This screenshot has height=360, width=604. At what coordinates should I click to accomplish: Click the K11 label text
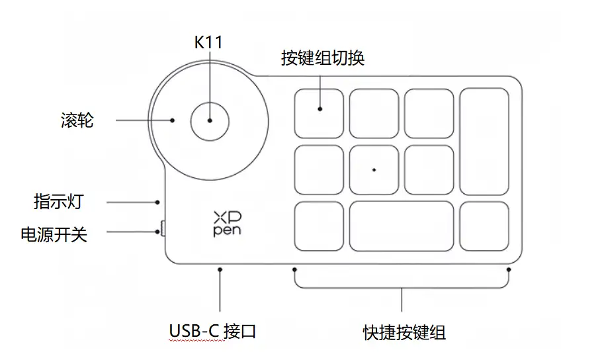point(208,42)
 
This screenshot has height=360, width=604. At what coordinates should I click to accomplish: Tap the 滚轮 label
point(77,120)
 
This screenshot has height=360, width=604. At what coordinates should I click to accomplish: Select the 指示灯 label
point(59,202)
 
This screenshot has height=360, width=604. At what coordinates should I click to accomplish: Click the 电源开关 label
point(54,234)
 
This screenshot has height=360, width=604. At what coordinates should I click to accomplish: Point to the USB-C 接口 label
point(212,331)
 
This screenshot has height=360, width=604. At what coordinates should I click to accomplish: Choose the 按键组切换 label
point(323,58)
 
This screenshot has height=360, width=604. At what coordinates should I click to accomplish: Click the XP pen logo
point(228,224)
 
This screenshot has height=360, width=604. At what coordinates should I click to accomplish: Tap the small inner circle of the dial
point(210,121)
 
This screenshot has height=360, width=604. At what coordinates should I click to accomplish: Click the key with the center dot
point(374,170)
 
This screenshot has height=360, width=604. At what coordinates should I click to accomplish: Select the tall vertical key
point(484,142)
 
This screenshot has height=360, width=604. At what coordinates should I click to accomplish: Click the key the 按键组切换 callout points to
point(319,114)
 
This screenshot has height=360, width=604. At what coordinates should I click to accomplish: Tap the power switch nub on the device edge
point(163,228)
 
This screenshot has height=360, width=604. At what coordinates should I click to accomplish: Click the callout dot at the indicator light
point(157,202)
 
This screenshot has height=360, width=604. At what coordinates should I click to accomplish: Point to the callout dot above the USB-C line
point(220,269)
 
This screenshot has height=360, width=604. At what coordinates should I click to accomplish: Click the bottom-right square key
point(484,226)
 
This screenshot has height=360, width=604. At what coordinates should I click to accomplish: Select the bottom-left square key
point(319,226)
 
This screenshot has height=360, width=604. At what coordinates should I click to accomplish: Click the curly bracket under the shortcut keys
point(402,288)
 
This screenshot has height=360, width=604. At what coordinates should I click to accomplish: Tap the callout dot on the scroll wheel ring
point(172,120)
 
